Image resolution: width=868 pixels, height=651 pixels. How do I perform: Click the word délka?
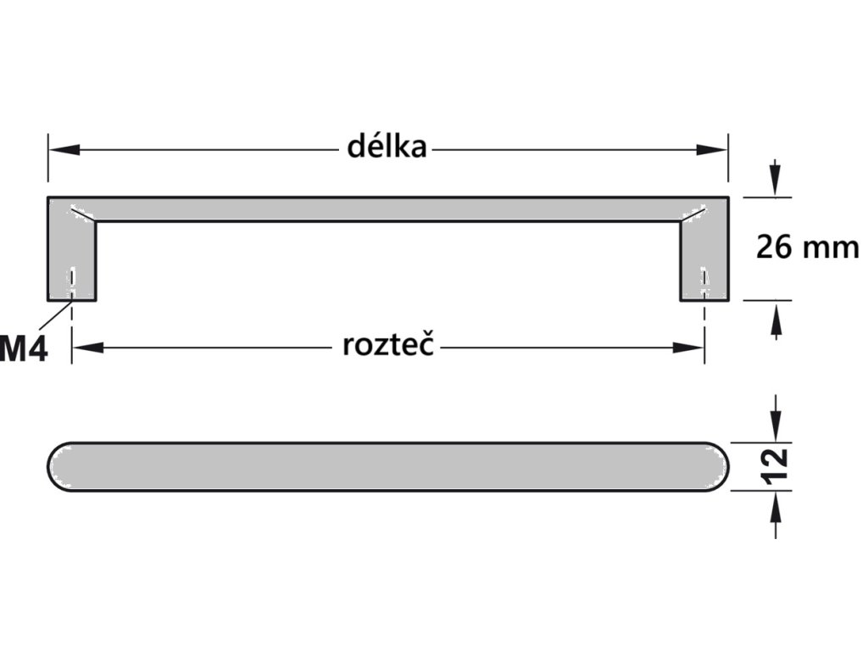click(x=387, y=147)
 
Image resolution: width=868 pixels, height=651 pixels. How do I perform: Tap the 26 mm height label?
click(x=806, y=248)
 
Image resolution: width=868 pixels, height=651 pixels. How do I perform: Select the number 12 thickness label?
click(x=776, y=466)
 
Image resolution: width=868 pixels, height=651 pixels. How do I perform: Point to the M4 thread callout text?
click(x=23, y=348)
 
